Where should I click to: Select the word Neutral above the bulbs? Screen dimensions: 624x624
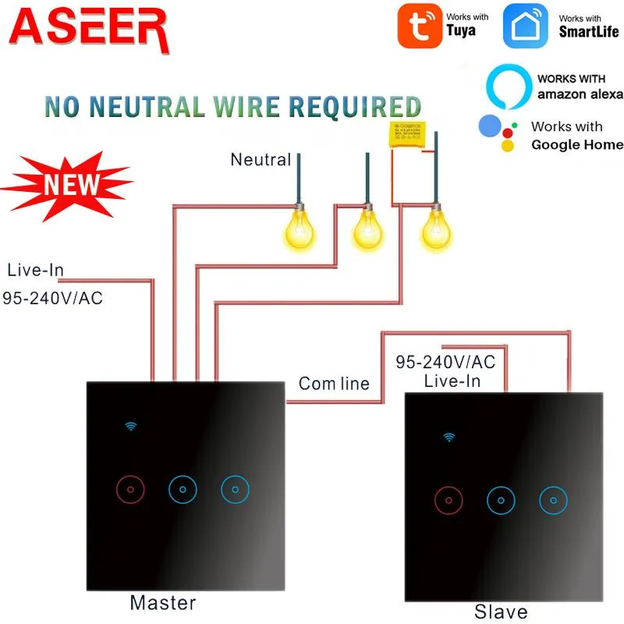tap(261, 160)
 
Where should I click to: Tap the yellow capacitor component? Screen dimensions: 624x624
tap(409, 134)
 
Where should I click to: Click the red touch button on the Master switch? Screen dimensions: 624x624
tap(130, 489)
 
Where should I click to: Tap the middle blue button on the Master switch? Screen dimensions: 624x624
tap(183, 489)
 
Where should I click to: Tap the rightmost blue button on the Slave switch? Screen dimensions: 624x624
tap(553, 500)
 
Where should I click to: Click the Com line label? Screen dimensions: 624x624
tap(335, 384)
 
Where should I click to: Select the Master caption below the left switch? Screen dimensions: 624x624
tap(162, 602)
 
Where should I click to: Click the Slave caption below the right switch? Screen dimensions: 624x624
tap(501, 612)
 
